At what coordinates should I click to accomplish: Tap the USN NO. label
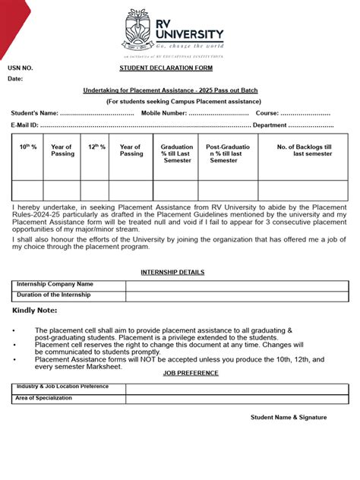pos(21,68)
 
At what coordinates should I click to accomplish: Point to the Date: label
pos(16,79)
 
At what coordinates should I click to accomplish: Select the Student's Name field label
pos(34,113)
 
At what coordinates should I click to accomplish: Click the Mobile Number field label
pos(163,113)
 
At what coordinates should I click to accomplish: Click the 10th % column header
pos(27,147)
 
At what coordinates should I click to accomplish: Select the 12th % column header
pos(96,147)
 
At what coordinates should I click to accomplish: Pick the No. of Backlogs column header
pos(303,150)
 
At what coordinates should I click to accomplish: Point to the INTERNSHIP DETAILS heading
pos(172,272)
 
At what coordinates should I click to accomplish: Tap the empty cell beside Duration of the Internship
pos(237,295)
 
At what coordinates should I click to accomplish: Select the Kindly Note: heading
pos(34,311)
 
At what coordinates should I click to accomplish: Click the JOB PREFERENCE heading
pos(190,373)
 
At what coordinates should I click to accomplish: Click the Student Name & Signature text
pos(289,417)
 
